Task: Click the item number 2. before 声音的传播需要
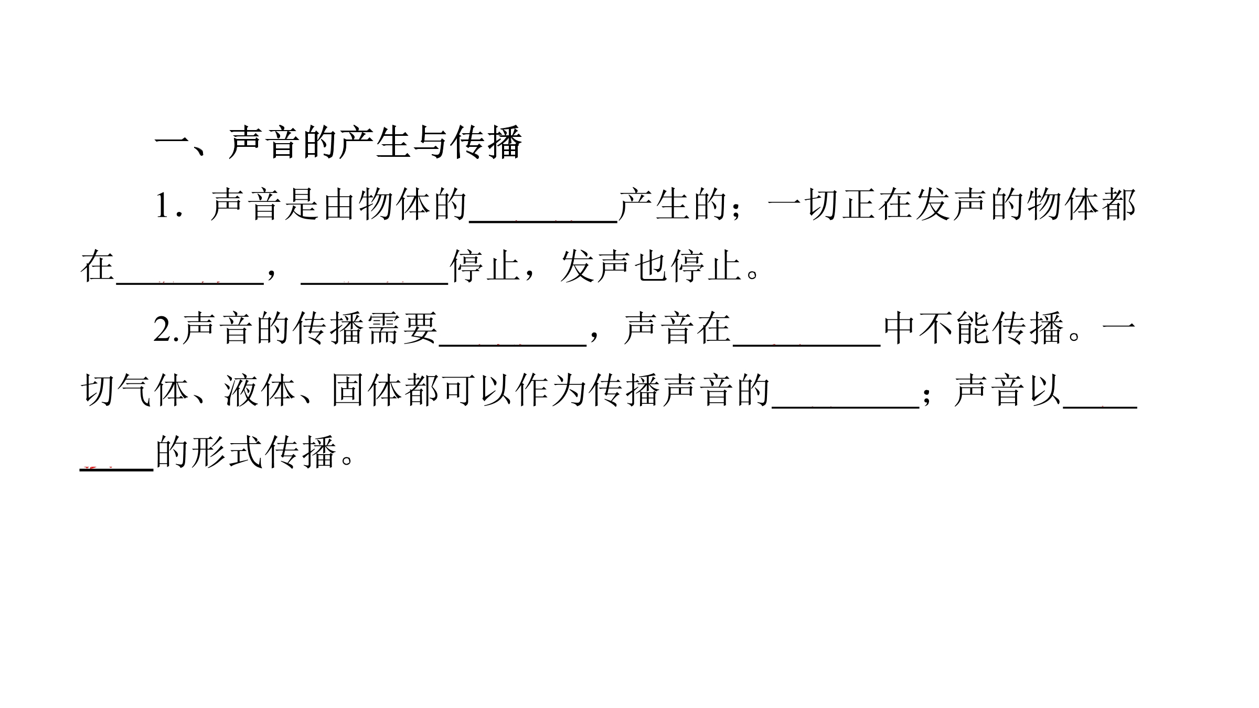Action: pos(167,329)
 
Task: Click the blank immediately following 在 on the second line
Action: pos(189,284)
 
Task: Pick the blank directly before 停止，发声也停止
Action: pos(375,284)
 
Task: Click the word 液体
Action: pos(259,391)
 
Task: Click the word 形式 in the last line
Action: pos(226,453)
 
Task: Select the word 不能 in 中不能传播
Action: pos(954,329)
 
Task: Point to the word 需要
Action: pos(403,329)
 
